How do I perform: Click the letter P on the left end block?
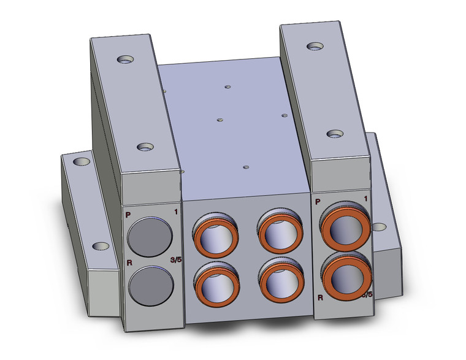pos(128,214)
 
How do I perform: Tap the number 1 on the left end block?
pos(175,212)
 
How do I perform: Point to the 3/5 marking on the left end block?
pos(175,260)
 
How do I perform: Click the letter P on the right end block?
pos(317,201)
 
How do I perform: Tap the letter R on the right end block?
pos(320,297)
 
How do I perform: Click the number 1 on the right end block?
pos(365,199)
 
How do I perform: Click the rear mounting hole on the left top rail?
pos(126,59)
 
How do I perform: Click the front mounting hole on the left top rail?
pos(145,147)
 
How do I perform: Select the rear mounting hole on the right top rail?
pos(315,46)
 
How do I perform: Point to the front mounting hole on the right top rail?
pos(335,133)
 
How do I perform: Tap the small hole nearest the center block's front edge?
pos(245,166)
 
